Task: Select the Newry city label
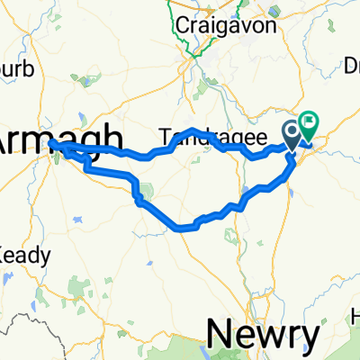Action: pos(262,335)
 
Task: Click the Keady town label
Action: pos(22,255)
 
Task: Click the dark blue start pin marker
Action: pos(293,135)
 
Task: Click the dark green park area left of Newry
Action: pos(193,347)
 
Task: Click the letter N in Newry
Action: pos(220,335)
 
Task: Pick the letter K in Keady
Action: pos(4,255)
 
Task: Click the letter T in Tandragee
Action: pos(165,137)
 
